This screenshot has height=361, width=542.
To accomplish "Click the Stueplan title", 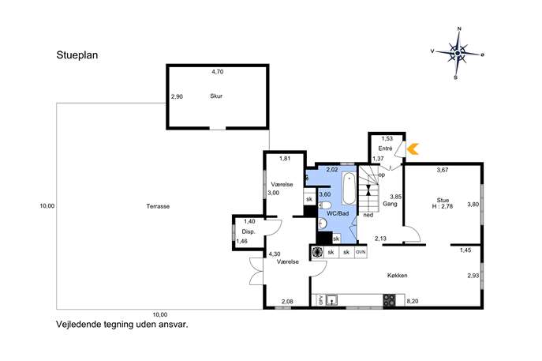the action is pos(77,55).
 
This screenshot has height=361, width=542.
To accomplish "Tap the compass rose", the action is pos(458,53).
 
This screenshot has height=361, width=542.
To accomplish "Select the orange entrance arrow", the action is pos(413,149).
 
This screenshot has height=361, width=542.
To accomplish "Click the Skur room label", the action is pos(216,96).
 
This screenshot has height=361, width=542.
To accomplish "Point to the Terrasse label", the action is pos(158,206).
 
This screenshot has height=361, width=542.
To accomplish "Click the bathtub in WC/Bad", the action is pos(349,189).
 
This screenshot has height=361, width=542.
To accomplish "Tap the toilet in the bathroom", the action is pos(324,205).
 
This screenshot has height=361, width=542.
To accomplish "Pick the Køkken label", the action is pos(397,276).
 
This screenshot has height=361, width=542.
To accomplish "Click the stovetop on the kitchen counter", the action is pos(389,300).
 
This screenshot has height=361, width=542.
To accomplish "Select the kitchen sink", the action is pos(331,300).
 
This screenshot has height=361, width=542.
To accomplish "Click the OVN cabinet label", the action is pos(361,252).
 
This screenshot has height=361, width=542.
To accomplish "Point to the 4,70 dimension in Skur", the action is pos(218,72).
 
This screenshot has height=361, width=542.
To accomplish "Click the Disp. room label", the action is pos(249,232).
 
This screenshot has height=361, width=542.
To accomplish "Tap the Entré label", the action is pos(385,149).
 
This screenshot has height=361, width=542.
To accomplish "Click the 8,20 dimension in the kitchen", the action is pos(413,302).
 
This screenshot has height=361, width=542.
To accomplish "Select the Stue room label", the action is pos(443,200).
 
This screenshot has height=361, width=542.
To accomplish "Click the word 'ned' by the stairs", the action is pos(368,215).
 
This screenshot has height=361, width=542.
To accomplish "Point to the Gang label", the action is pos(390,204).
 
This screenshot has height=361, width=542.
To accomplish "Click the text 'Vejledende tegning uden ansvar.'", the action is pos(122,325).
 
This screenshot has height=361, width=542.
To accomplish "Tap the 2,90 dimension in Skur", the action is pos(177,97).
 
